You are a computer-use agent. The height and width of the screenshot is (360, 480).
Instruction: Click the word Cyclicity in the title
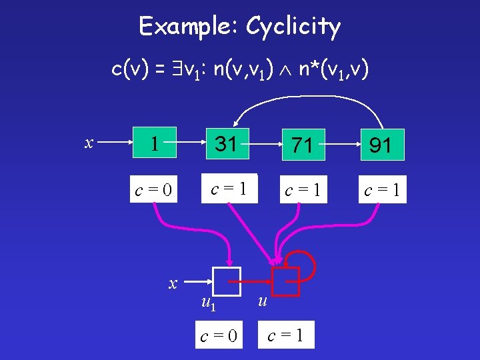293,27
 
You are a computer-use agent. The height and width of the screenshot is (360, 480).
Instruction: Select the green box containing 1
154,143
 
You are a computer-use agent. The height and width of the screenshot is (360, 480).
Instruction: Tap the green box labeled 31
226,143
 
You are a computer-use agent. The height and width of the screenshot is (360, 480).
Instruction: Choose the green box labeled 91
380,144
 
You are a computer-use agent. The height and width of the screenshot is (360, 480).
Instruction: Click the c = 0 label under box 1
154,191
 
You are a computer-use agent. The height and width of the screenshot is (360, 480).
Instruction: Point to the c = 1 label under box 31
226,189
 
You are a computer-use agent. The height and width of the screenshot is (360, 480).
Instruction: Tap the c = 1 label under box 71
303,191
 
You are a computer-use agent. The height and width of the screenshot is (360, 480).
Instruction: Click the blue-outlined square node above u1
226,281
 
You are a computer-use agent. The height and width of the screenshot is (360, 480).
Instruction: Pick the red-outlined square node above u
286,281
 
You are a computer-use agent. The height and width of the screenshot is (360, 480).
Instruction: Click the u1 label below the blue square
208,305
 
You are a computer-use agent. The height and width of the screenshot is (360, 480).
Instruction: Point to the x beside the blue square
173,283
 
